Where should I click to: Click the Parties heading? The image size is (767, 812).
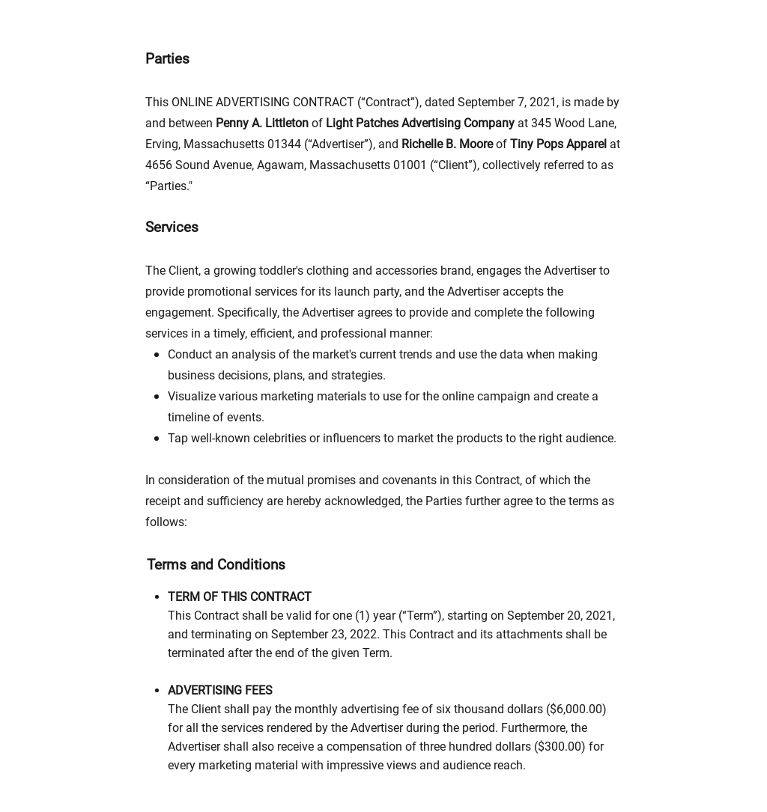click(167, 58)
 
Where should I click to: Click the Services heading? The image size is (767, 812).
click(172, 227)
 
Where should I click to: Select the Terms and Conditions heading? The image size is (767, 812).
click(216, 564)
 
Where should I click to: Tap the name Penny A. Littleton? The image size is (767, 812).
click(261, 123)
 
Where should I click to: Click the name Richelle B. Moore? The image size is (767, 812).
click(446, 144)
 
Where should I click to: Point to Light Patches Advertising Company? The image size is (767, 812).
click(419, 123)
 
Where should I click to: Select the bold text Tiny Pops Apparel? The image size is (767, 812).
click(558, 144)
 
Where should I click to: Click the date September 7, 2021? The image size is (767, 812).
click(506, 102)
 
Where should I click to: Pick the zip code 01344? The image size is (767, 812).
click(284, 144)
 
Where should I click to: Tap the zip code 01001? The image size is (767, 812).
click(410, 165)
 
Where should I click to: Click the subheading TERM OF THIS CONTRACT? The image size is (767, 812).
click(239, 596)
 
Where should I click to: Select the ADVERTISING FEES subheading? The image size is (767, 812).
click(219, 690)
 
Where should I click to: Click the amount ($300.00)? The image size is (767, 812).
click(560, 746)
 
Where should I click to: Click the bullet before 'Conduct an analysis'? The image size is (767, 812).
click(156, 355)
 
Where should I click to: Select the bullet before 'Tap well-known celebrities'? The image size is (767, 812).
click(156, 439)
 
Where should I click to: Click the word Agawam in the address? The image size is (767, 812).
click(279, 165)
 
